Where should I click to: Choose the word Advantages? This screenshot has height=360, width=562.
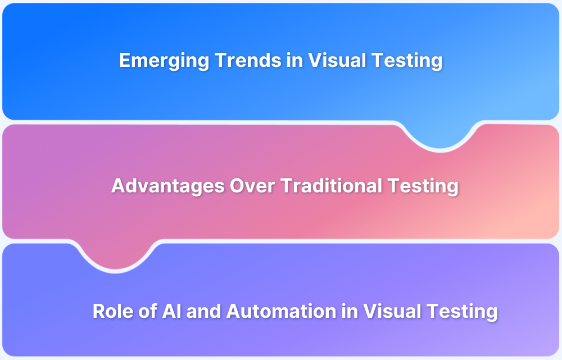click(167, 186)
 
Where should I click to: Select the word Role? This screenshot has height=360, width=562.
click(111, 311)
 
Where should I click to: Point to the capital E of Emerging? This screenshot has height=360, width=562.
click(125, 61)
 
